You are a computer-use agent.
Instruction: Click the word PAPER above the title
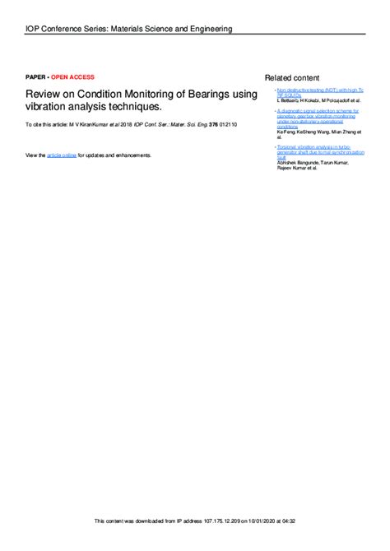click(35, 77)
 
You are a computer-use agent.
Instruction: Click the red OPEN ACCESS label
click(73, 77)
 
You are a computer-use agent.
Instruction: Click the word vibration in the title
click(49, 108)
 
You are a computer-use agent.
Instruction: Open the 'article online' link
click(61, 155)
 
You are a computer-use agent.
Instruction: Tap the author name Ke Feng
click(286, 132)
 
